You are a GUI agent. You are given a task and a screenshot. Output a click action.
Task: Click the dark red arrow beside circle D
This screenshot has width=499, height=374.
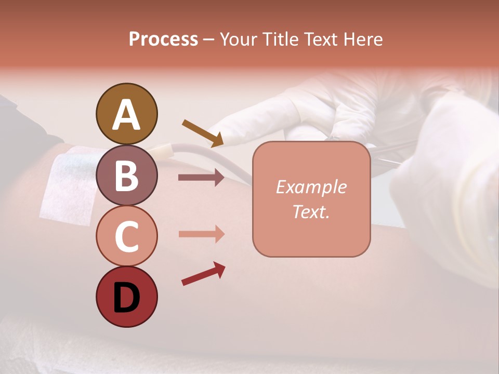[203, 273]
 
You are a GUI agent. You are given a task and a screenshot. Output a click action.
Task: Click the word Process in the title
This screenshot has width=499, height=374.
[163, 39]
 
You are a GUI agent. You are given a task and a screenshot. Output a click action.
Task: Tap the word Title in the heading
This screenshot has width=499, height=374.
[280, 39]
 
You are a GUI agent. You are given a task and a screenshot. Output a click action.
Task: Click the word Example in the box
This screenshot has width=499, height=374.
[311, 187]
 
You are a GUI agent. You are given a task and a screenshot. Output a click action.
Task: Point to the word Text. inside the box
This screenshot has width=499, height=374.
[311, 212]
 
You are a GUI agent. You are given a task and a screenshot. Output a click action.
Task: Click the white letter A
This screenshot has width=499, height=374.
[126, 114]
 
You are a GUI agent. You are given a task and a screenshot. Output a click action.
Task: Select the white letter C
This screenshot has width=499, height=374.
[126, 237]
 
